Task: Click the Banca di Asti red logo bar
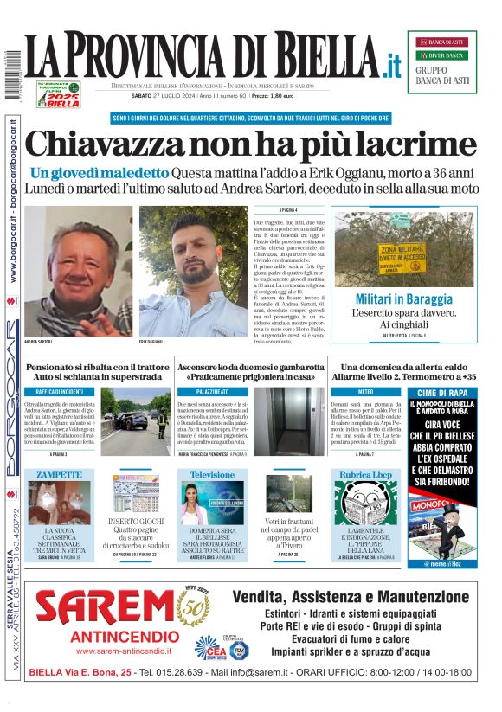(x=441, y=42)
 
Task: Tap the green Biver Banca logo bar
(x=441, y=55)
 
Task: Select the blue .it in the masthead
(x=392, y=64)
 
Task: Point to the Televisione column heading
(x=212, y=475)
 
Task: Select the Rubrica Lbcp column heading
(x=365, y=475)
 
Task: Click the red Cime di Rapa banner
(x=442, y=393)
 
